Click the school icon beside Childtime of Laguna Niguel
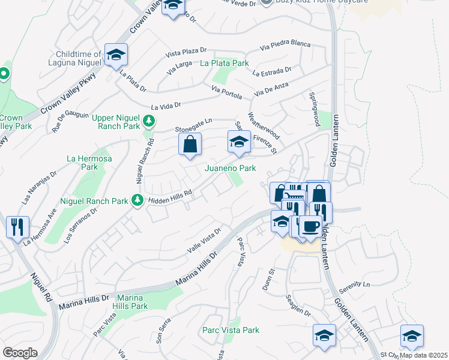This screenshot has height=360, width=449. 116,55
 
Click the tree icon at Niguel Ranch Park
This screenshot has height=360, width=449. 137,200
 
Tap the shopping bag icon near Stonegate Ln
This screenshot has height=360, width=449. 190,145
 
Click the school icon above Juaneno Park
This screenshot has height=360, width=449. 238,142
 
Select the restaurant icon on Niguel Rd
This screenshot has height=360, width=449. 17,226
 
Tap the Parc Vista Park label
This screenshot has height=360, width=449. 231,330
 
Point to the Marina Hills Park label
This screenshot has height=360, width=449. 130,302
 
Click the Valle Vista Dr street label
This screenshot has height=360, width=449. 204,239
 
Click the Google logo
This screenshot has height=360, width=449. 20,353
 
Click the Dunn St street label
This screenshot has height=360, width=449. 268,280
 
